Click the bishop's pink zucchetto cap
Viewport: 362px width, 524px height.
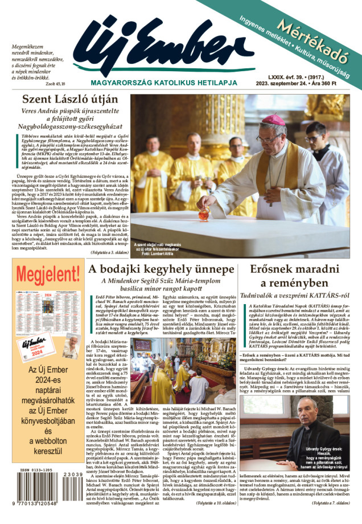(273, 120)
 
